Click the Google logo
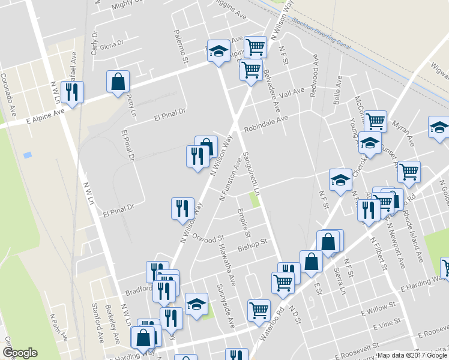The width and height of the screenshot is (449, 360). coord(20,353)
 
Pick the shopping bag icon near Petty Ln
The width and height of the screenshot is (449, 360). coord(118,82)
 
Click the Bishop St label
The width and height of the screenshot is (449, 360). coord(252,244)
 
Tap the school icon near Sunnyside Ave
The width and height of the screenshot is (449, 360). coord(196,304)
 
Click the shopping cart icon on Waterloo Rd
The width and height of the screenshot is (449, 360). coord(258,310)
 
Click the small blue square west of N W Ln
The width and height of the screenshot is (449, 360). coord(27,155)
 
